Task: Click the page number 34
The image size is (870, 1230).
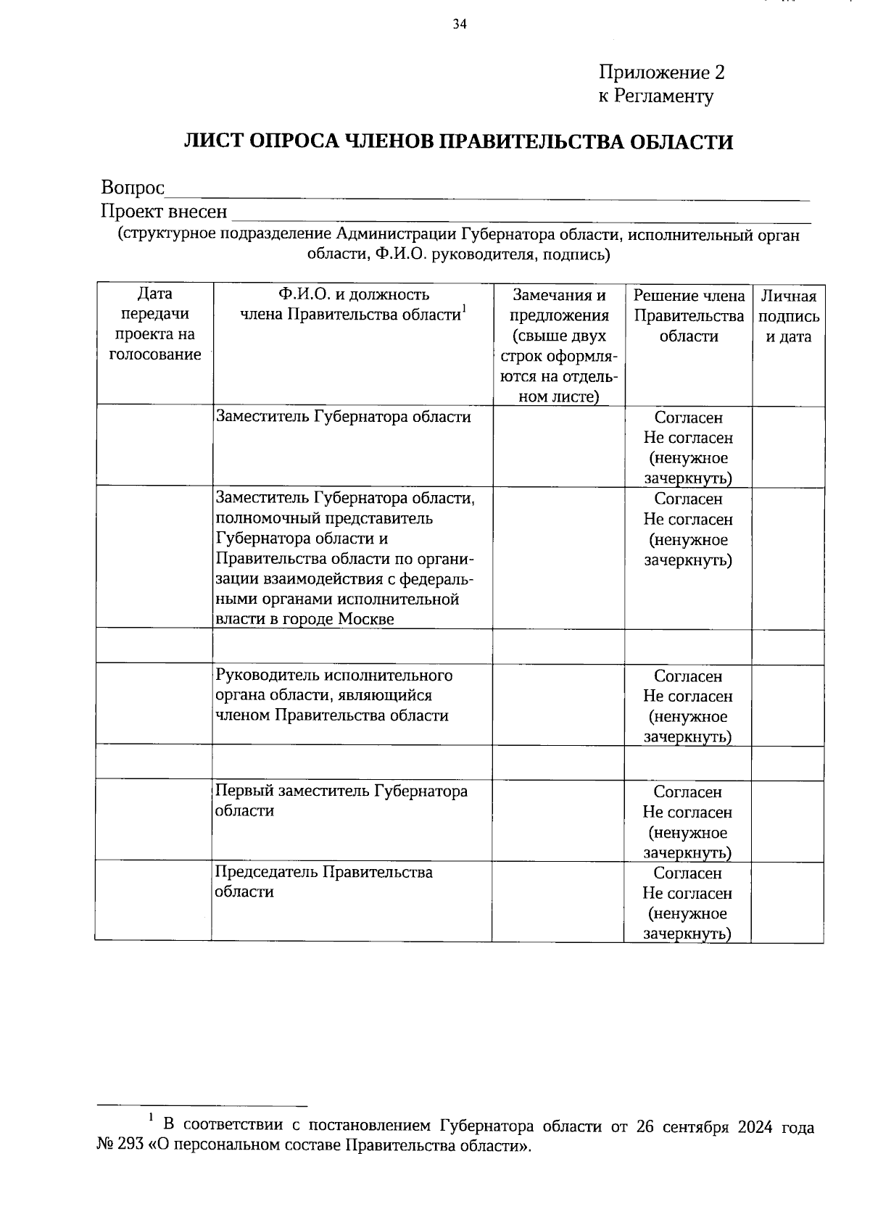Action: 460,25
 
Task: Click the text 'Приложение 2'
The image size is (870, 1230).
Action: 661,72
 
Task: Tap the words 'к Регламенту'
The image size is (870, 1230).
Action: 655,96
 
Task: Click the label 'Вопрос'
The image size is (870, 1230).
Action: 133,188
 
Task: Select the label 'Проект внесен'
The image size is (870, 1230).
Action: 164,212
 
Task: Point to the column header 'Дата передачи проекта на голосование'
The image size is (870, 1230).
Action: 154,324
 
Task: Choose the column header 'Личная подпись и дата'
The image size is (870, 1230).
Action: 788,316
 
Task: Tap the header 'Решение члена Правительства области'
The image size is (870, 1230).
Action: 688,316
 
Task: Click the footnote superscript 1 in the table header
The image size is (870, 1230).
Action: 464,309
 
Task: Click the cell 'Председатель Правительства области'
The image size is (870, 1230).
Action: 323,881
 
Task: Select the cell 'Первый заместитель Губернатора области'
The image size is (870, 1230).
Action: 341,800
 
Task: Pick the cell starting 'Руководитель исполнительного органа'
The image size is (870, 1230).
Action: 333,695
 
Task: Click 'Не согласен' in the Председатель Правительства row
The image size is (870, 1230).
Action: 687,893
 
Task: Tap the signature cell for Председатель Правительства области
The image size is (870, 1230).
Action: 787,901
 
